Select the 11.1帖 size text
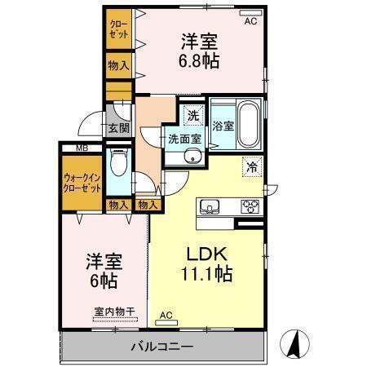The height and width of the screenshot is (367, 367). coord(207,275)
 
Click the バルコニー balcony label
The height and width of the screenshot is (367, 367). coord(162,347)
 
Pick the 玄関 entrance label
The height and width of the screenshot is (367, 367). coord(118,128)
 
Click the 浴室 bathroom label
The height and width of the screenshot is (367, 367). coord(223,126)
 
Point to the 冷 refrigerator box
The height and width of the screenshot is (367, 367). coord(252,166)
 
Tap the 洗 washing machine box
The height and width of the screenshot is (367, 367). coord(192,116)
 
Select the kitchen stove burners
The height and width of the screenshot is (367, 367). coord(249,206)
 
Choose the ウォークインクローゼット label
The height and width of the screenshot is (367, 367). coord(82,181)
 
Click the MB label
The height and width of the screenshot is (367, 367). coord(82,148)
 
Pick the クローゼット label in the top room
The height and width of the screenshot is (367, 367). coord(117,30)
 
